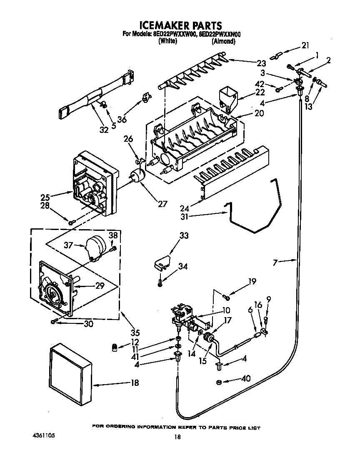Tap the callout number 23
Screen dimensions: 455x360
(x=261, y=63)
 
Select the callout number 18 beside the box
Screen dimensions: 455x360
(x=135, y=383)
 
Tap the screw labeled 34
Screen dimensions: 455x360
(x=160, y=283)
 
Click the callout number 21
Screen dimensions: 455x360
(x=305, y=45)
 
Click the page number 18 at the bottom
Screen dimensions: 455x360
(x=178, y=437)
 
